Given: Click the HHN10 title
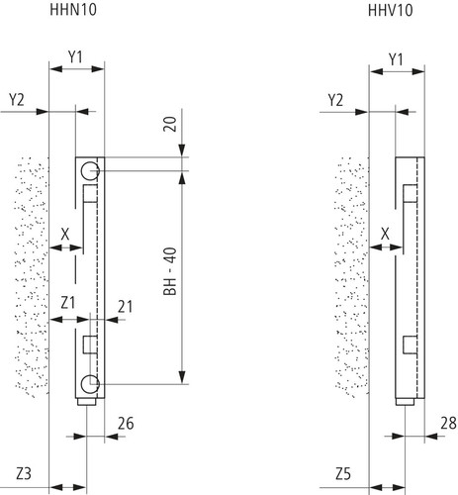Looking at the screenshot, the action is point(73,9).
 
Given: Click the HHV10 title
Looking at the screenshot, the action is point(391,10).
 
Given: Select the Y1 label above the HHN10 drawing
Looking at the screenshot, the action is point(75,57).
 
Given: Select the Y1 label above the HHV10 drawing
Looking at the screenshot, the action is point(396,59).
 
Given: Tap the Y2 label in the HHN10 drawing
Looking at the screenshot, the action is point(17,100).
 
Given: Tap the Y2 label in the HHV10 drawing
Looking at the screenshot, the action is point(335,100).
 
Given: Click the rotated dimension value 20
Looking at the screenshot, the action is point(170,124).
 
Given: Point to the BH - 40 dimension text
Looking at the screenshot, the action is point(170,271).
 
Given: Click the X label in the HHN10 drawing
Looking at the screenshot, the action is point(65,235).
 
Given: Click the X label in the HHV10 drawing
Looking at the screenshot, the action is point(385,234).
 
